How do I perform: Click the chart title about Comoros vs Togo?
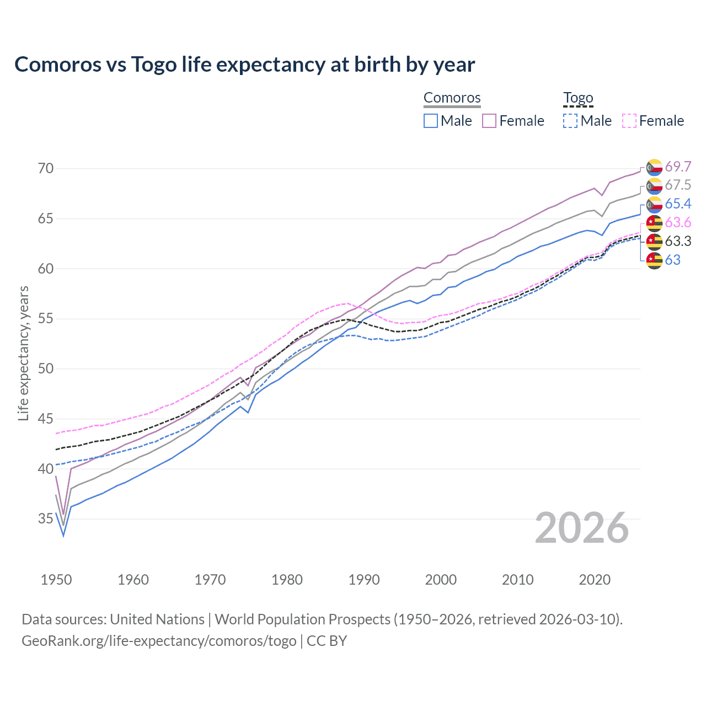tap(244, 65)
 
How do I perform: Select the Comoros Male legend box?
tap(431, 121)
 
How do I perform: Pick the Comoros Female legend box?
tap(489, 121)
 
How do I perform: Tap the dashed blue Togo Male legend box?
tap(570, 121)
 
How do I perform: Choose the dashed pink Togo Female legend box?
tap(629, 121)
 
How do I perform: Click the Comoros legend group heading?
tap(452, 98)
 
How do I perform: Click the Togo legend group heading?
tap(577, 98)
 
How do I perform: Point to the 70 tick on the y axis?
tap(46, 168)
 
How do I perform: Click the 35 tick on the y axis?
tap(46, 518)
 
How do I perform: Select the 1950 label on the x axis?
tap(56, 580)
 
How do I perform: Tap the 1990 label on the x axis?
tap(364, 580)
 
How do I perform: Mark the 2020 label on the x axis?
tap(595, 580)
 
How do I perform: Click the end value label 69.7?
tap(678, 167)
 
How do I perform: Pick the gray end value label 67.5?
tap(678, 185)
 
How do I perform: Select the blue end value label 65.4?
tap(678, 204)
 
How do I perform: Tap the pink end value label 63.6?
tap(678, 223)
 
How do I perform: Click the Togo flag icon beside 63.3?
tap(654, 242)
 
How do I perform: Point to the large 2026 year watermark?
tap(582, 528)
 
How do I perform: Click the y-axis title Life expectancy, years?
tap(23, 353)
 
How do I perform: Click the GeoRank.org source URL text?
tap(159, 641)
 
